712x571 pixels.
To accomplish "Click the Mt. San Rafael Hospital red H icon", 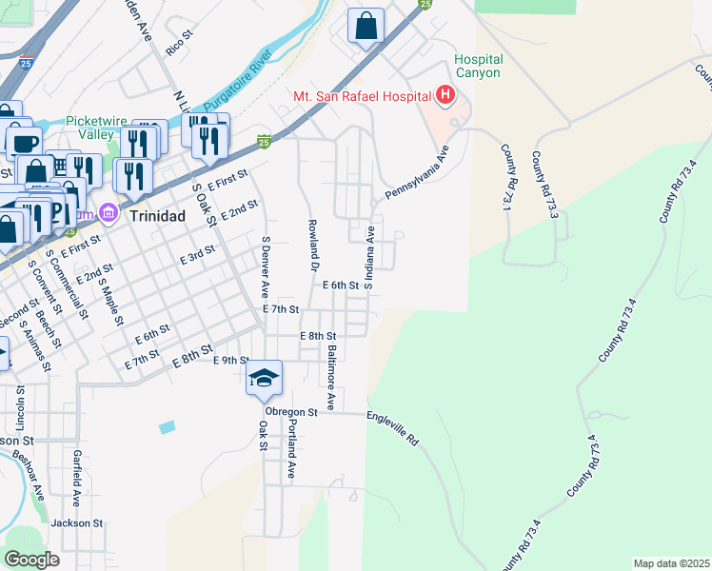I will point(445,95).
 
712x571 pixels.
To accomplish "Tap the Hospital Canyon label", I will point(478,67).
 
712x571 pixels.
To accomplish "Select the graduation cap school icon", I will point(265,380).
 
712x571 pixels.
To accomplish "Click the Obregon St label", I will point(291,412).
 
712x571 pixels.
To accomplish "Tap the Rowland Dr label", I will point(312,246).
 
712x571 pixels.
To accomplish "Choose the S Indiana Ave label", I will point(368,257).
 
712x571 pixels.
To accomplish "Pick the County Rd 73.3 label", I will point(544,184).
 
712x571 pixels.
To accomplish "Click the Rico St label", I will point(179,45).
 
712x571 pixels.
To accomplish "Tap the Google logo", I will point(31,559).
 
